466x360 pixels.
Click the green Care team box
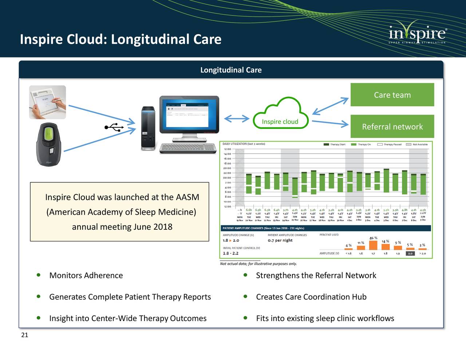click(x=392, y=95)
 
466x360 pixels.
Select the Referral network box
click(x=392, y=127)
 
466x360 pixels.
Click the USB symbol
click(x=114, y=127)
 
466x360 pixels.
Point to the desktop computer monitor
click(x=189, y=115)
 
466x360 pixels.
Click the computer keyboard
click(x=188, y=148)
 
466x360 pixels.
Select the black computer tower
click(x=148, y=128)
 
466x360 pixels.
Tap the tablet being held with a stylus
click(x=47, y=102)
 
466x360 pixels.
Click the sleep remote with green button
click(x=48, y=145)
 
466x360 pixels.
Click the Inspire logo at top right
click(x=417, y=35)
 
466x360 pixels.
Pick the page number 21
click(x=24, y=335)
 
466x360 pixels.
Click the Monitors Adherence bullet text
click(x=86, y=276)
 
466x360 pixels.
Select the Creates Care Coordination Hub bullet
click(x=311, y=297)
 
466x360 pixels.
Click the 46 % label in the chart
click(x=373, y=238)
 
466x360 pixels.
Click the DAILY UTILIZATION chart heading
click(x=244, y=144)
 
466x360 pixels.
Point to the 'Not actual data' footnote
click(x=258, y=264)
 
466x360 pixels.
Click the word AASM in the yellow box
click(x=187, y=197)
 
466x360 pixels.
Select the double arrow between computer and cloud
click(x=236, y=119)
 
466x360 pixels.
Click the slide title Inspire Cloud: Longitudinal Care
click(x=121, y=39)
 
